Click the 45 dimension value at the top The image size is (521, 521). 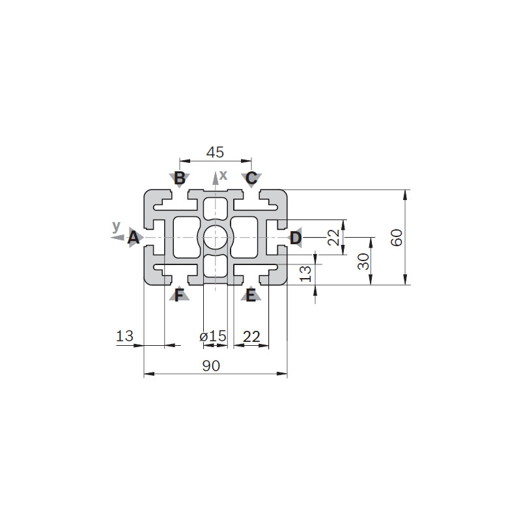pyautogui.click(x=216, y=152)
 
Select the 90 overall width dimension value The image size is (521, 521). pyautogui.click(x=211, y=366)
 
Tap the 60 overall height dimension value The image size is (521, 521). pyautogui.click(x=397, y=237)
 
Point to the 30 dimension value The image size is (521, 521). pyautogui.click(x=364, y=261)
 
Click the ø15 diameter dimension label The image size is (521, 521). pyautogui.click(x=213, y=337)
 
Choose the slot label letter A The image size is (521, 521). pyautogui.click(x=134, y=238)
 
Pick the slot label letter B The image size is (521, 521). pyautogui.click(x=180, y=178)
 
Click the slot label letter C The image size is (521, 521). pyautogui.click(x=251, y=178)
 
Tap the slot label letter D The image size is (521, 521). pyautogui.click(x=296, y=238)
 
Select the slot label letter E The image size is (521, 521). pyautogui.click(x=251, y=295)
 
